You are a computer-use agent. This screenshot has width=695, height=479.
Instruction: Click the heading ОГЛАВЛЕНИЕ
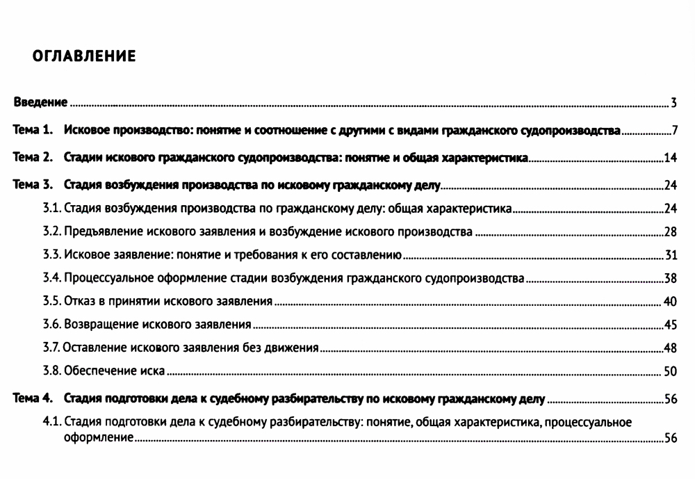(84, 56)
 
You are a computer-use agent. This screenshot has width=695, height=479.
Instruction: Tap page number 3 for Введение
(673, 104)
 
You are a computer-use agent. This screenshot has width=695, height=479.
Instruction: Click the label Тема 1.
(33, 130)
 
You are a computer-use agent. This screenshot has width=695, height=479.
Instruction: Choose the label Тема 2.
(33, 157)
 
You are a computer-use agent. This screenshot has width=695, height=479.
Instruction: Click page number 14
(670, 158)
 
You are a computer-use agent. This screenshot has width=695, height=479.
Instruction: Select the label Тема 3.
(33, 185)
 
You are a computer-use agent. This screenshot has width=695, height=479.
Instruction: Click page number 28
(670, 232)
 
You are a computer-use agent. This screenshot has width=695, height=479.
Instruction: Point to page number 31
(671, 256)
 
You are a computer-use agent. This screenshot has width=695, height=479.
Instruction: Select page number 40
(670, 302)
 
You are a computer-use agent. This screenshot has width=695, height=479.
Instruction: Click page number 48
(670, 348)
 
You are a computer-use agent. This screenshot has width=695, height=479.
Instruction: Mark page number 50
(670, 371)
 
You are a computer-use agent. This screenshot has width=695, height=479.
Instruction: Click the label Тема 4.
(33, 399)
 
